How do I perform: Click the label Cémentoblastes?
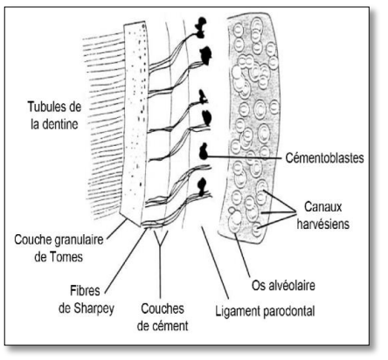point(324,158)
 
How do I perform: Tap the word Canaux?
point(323,207)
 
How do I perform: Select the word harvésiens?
point(323,224)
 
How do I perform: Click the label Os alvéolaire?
point(283,285)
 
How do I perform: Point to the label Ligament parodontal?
point(265,311)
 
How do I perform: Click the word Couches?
point(163,308)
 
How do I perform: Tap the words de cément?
point(163,326)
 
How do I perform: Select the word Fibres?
point(85,291)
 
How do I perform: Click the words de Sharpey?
point(87,308)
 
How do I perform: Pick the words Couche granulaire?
point(59,240)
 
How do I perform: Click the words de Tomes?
point(59,257)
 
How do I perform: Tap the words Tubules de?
point(54,107)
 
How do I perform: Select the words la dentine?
point(54,124)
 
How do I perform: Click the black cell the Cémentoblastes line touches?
point(203,152)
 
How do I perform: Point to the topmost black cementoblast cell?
point(201,28)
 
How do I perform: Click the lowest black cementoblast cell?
point(202,186)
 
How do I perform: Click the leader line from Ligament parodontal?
point(215,263)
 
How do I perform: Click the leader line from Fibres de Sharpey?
point(126,260)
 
